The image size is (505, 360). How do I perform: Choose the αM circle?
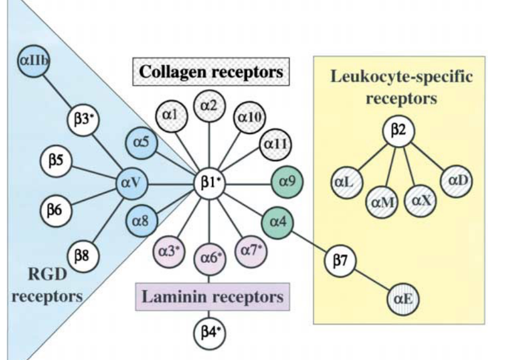(x=380, y=201)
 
